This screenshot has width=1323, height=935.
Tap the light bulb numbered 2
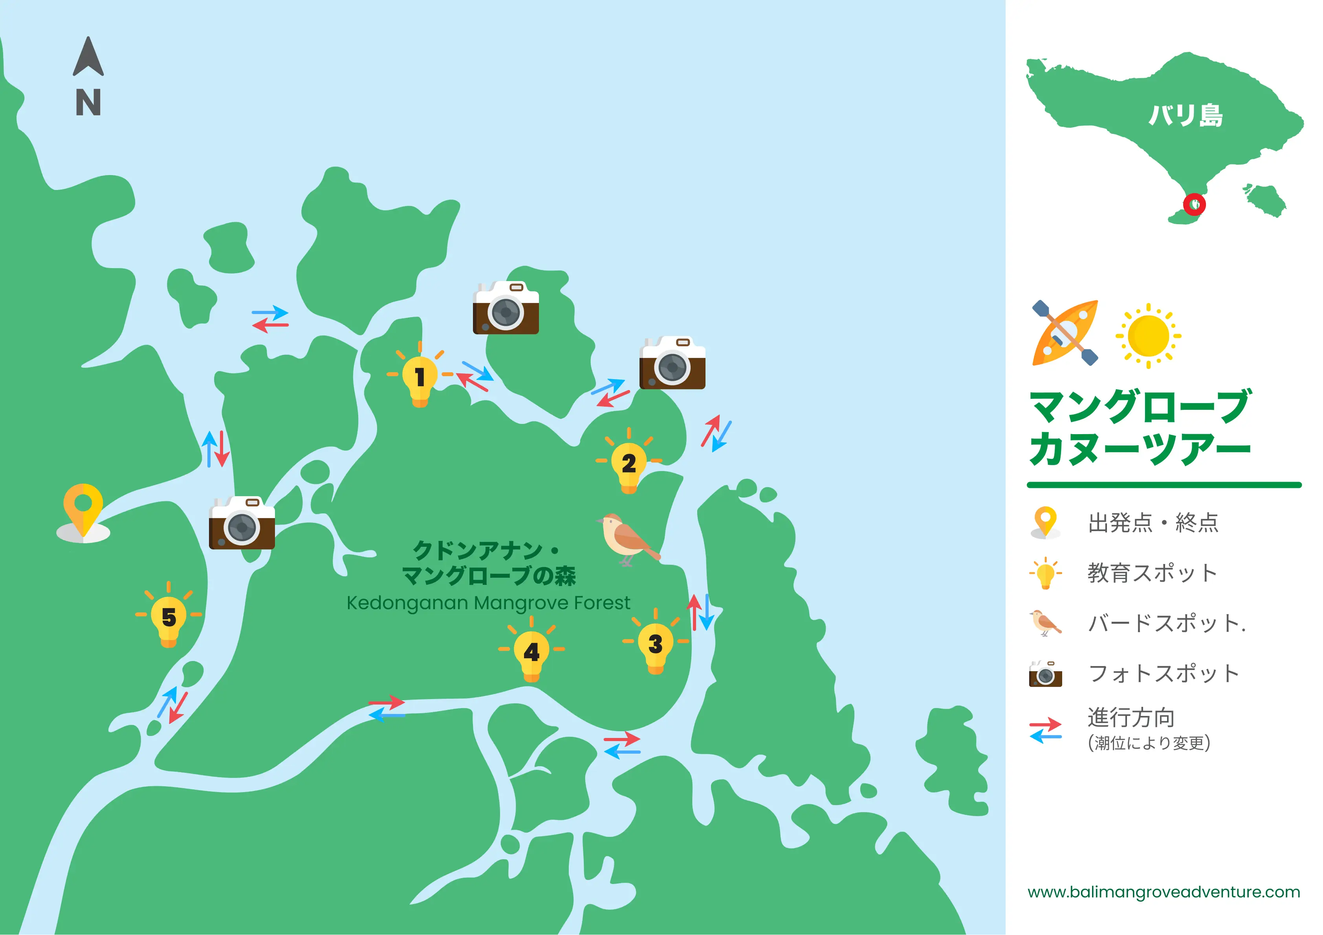[x=629, y=464]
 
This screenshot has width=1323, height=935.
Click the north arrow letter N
[x=88, y=102]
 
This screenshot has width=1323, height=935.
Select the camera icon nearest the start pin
[x=242, y=523]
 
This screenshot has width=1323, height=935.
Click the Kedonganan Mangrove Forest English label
[x=488, y=603]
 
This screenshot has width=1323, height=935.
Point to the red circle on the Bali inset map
[x=1194, y=204]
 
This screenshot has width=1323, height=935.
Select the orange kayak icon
[x=1065, y=333]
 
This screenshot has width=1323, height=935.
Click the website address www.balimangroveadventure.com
[x=1164, y=892]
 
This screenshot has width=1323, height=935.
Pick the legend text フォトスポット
[x=1164, y=673]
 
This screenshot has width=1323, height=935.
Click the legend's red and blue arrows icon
[x=1045, y=730]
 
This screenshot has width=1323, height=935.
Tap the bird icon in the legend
[x=1045, y=623]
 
